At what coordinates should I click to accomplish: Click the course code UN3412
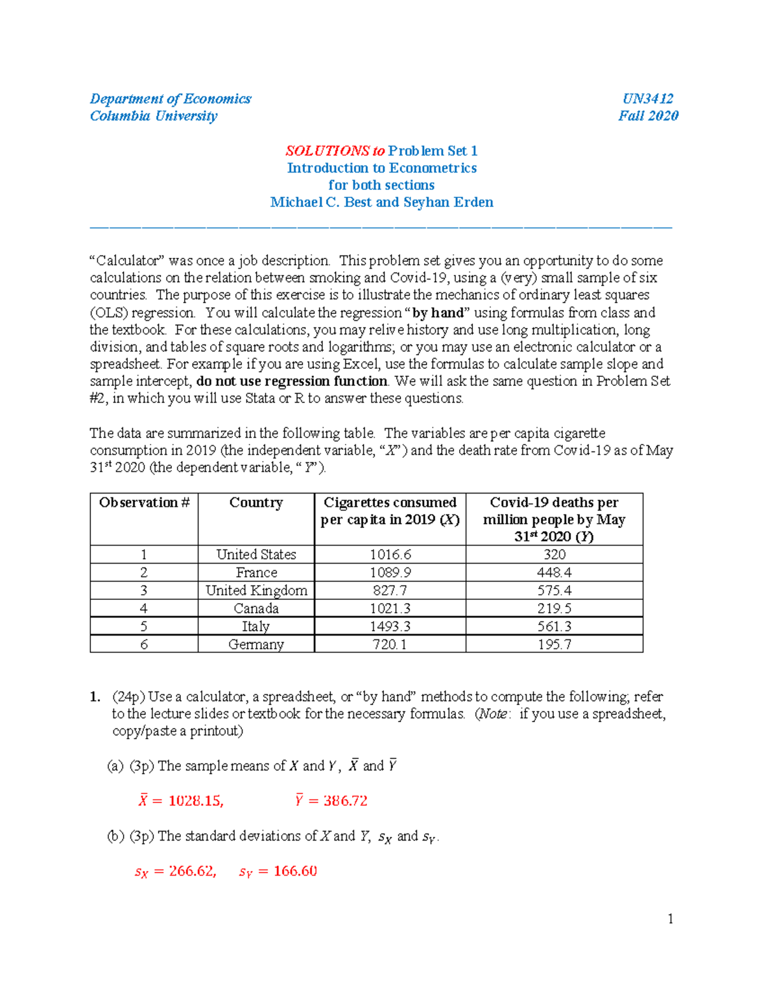tap(647, 99)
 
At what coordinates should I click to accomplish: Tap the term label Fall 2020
tap(648, 116)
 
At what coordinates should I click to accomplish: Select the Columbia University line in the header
tap(153, 116)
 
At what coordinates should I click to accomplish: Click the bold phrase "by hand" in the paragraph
tap(439, 313)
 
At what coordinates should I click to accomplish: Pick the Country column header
tap(256, 502)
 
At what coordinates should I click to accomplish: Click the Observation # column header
tap(145, 502)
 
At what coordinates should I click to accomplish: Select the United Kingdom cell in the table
tap(256, 590)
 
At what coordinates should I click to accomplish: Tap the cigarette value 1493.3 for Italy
tap(390, 627)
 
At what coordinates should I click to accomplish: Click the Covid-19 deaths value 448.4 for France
tap(554, 573)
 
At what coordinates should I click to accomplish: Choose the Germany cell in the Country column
tap(256, 644)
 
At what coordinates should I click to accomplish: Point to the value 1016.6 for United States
tap(390, 555)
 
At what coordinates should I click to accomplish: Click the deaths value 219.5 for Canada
tap(554, 608)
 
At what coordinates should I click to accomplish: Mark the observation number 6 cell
tap(144, 644)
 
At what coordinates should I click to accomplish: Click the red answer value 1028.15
tap(195, 801)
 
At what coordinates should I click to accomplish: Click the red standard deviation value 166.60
tap(295, 871)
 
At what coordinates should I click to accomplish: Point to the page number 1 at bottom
tap(670, 918)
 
